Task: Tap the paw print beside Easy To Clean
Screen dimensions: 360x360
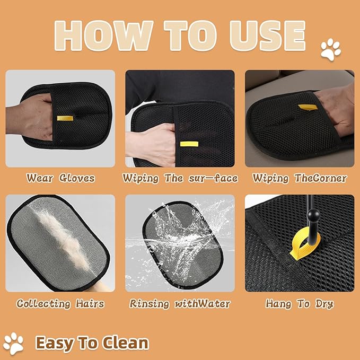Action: [x=15, y=343]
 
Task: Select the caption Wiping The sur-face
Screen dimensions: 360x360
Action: [x=180, y=178]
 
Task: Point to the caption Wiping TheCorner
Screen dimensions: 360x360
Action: [x=299, y=178]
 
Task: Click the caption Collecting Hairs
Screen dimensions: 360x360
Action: [x=60, y=304]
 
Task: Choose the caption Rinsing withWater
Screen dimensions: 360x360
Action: [x=180, y=304]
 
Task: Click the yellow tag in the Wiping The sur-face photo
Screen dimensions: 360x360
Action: [x=186, y=143]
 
